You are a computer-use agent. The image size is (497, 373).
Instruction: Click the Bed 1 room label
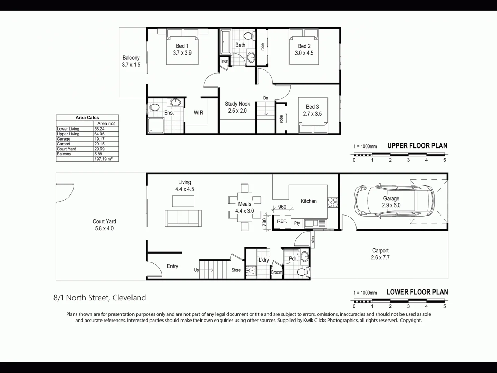182,46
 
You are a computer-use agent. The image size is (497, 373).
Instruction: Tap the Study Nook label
237,104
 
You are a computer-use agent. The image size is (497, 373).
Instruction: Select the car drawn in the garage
393,201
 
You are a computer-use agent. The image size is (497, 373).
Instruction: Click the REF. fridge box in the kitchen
282,221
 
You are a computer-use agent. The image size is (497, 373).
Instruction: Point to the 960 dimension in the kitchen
282,207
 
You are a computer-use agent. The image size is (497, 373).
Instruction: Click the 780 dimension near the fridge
264,222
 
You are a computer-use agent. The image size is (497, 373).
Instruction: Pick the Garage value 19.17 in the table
99,139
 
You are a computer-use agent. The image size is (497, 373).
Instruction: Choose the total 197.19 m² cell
103,159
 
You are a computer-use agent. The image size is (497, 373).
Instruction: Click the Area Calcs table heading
87,118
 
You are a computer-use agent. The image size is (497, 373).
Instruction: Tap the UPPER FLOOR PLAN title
417,146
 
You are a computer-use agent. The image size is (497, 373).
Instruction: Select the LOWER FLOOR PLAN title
417,292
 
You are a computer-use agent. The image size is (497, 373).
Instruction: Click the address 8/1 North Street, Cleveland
100,298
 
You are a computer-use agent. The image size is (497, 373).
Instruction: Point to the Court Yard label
104,221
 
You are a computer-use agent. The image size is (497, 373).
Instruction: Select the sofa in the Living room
183,218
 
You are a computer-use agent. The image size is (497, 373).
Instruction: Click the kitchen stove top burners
332,202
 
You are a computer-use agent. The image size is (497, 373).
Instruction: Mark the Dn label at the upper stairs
265,98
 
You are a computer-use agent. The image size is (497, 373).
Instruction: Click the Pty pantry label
297,223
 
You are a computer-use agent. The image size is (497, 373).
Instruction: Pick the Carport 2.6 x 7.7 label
380,254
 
